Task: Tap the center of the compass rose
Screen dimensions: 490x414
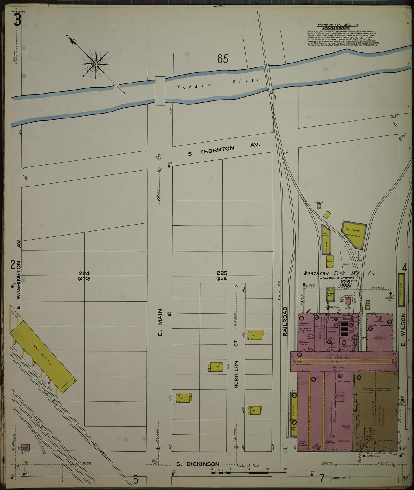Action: [95, 64]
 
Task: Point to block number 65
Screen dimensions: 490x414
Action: [223, 59]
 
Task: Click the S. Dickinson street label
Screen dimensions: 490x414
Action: [197, 464]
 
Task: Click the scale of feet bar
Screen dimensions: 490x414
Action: [249, 472]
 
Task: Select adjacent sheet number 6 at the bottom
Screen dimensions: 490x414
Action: [136, 479]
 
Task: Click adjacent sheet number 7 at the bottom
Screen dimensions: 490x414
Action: [322, 479]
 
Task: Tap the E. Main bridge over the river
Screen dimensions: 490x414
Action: [160, 90]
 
